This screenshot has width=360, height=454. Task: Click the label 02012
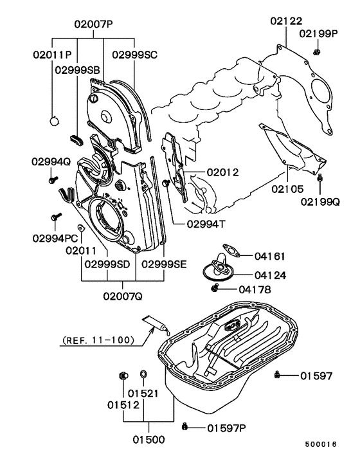(222, 172)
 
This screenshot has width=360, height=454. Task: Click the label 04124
(270, 275)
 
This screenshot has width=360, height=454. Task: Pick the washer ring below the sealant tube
(143, 374)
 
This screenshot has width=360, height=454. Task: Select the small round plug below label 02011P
(55, 120)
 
